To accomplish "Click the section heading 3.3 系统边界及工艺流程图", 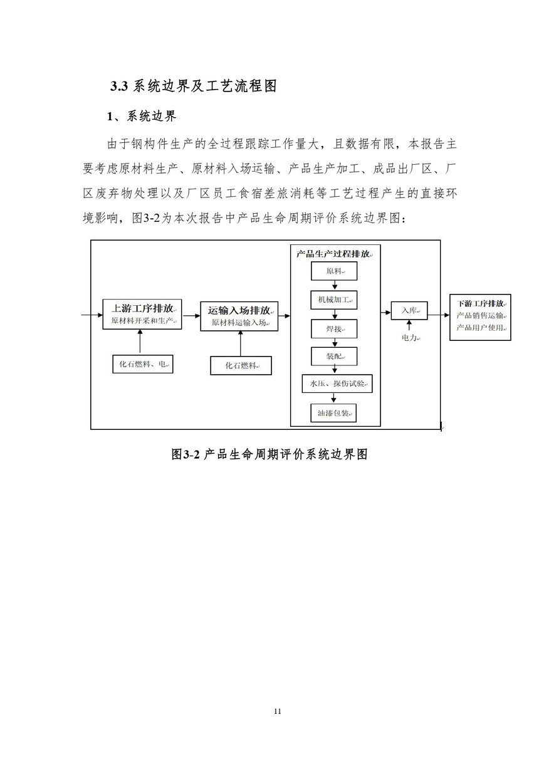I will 194,86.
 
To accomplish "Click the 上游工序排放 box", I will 142,315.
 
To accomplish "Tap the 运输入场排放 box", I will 239,316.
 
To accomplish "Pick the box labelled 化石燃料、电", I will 143,363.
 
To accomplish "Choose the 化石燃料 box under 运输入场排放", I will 241,365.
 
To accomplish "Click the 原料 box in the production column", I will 334,271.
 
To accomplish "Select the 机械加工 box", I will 334,300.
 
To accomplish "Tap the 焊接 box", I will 334,329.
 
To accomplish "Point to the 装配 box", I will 334,357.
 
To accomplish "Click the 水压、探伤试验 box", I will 337,384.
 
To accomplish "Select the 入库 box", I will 409,310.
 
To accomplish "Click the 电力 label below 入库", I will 409,338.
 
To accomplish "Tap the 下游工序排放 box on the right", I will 480,317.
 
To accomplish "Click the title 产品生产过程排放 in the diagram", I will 334,254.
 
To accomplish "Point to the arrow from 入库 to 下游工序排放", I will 439,311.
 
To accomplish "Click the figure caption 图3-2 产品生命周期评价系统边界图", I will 269,454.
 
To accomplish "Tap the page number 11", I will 278,711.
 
